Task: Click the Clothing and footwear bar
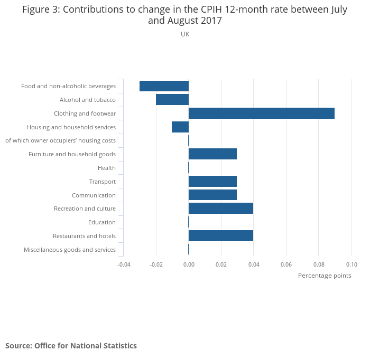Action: [261, 113]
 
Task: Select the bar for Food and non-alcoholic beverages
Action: [164, 86]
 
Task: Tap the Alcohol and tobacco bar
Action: [172, 100]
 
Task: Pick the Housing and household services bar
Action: [180, 127]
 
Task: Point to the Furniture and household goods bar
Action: [212, 154]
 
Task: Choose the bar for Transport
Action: [212, 182]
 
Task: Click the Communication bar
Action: [212, 195]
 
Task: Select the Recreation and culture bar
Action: [220, 209]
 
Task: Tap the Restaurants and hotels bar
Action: [220, 236]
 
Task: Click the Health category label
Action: [106, 168]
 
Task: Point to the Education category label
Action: [101, 222]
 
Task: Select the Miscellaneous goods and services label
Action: [70, 250]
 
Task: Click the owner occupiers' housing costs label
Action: [60, 140]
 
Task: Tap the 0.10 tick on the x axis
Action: [351, 264]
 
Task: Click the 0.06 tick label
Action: [286, 264]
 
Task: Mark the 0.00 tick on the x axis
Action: [189, 264]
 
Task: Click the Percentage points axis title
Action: [325, 276]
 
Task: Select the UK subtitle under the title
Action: [185, 34]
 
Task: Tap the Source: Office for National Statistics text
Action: [71, 346]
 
